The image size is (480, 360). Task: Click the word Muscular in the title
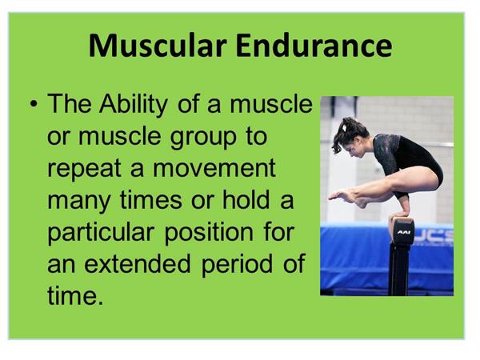158,46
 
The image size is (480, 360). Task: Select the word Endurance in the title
314,46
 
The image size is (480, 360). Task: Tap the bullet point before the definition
34,103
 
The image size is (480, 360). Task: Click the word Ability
133,104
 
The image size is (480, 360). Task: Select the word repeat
85,168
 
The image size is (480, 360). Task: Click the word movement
214,168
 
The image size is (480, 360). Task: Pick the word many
79,201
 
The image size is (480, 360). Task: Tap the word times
151,200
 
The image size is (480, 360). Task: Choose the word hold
246,199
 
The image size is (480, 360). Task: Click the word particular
101,232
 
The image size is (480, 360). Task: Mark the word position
209,233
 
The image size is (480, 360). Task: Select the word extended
137,263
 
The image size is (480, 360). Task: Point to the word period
237,265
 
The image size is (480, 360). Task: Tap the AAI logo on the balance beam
404,232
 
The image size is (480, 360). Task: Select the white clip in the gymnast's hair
345,127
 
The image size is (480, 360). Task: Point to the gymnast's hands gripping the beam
398,214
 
